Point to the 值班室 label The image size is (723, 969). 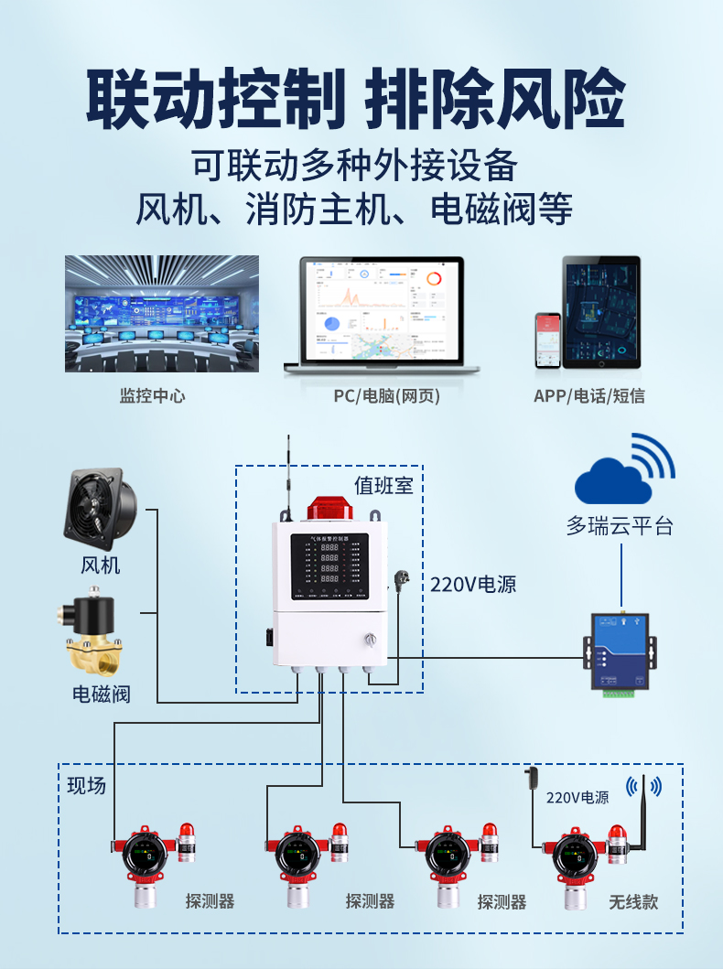pos(384,486)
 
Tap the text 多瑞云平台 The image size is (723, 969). pos(620,526)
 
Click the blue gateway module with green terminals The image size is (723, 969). pos(620,653)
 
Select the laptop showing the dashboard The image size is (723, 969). pos(382,316)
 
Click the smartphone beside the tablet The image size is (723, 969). pos(547,340)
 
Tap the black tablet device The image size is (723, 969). pos(601,312)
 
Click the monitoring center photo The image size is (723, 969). pos(161,314)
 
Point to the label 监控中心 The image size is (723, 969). pos(152,396)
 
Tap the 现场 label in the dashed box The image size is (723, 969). pos(87,785)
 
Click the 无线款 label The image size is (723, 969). pos(633,901)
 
